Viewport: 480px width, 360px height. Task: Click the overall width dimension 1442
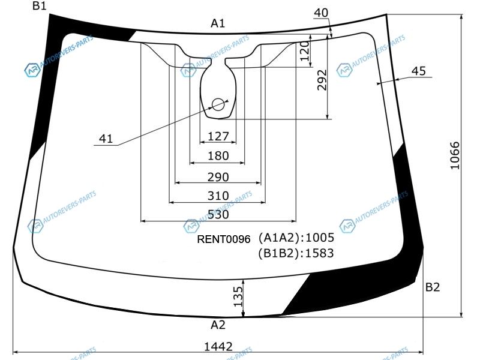click(218, 347)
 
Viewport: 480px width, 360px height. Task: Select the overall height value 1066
click(455, 155)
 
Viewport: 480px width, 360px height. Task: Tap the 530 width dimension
click(218, 214)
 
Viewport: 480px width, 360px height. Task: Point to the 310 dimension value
click(218, 196)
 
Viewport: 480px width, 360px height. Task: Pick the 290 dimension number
click(218, 177)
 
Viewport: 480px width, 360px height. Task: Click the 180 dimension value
click(218, 156)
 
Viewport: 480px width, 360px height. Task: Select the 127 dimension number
click(218, 136)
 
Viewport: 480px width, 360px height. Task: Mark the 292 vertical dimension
click(322, 80)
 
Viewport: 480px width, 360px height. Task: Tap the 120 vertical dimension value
click(305, 51)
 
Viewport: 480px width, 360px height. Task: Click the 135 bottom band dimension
click(238, 296)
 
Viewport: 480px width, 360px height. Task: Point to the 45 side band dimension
click(418, 71)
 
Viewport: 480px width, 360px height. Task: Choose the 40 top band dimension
click(321, 13)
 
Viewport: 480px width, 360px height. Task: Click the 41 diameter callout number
click(106, 139)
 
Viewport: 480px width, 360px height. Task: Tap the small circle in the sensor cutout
click(218, 104)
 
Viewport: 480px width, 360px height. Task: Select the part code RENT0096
click(224, 239)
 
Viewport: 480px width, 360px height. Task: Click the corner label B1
click(40, 5)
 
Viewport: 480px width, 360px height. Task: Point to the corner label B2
click(433, 287)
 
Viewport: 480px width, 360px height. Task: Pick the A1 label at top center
click(218, 23)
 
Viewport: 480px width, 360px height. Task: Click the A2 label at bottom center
click(218, 325)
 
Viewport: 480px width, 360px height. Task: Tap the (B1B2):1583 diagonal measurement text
click(296, 253)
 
